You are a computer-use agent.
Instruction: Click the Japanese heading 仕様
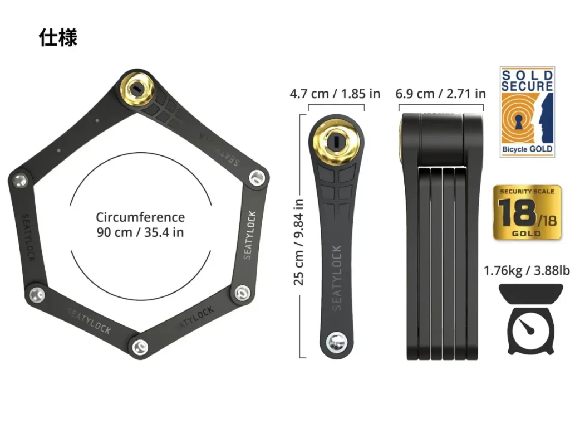coord(58,37)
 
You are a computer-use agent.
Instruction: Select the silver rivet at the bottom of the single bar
coord(336,342)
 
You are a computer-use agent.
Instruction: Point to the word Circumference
coord(140,217)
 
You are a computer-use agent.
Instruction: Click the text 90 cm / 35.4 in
coord(140,232)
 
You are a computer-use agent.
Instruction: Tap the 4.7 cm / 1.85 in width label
coord(335,94)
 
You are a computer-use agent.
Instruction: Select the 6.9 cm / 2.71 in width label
coord(441,94)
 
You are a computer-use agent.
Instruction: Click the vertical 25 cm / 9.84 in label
coord(299,242)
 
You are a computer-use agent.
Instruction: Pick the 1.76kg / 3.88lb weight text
coord(527,271)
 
